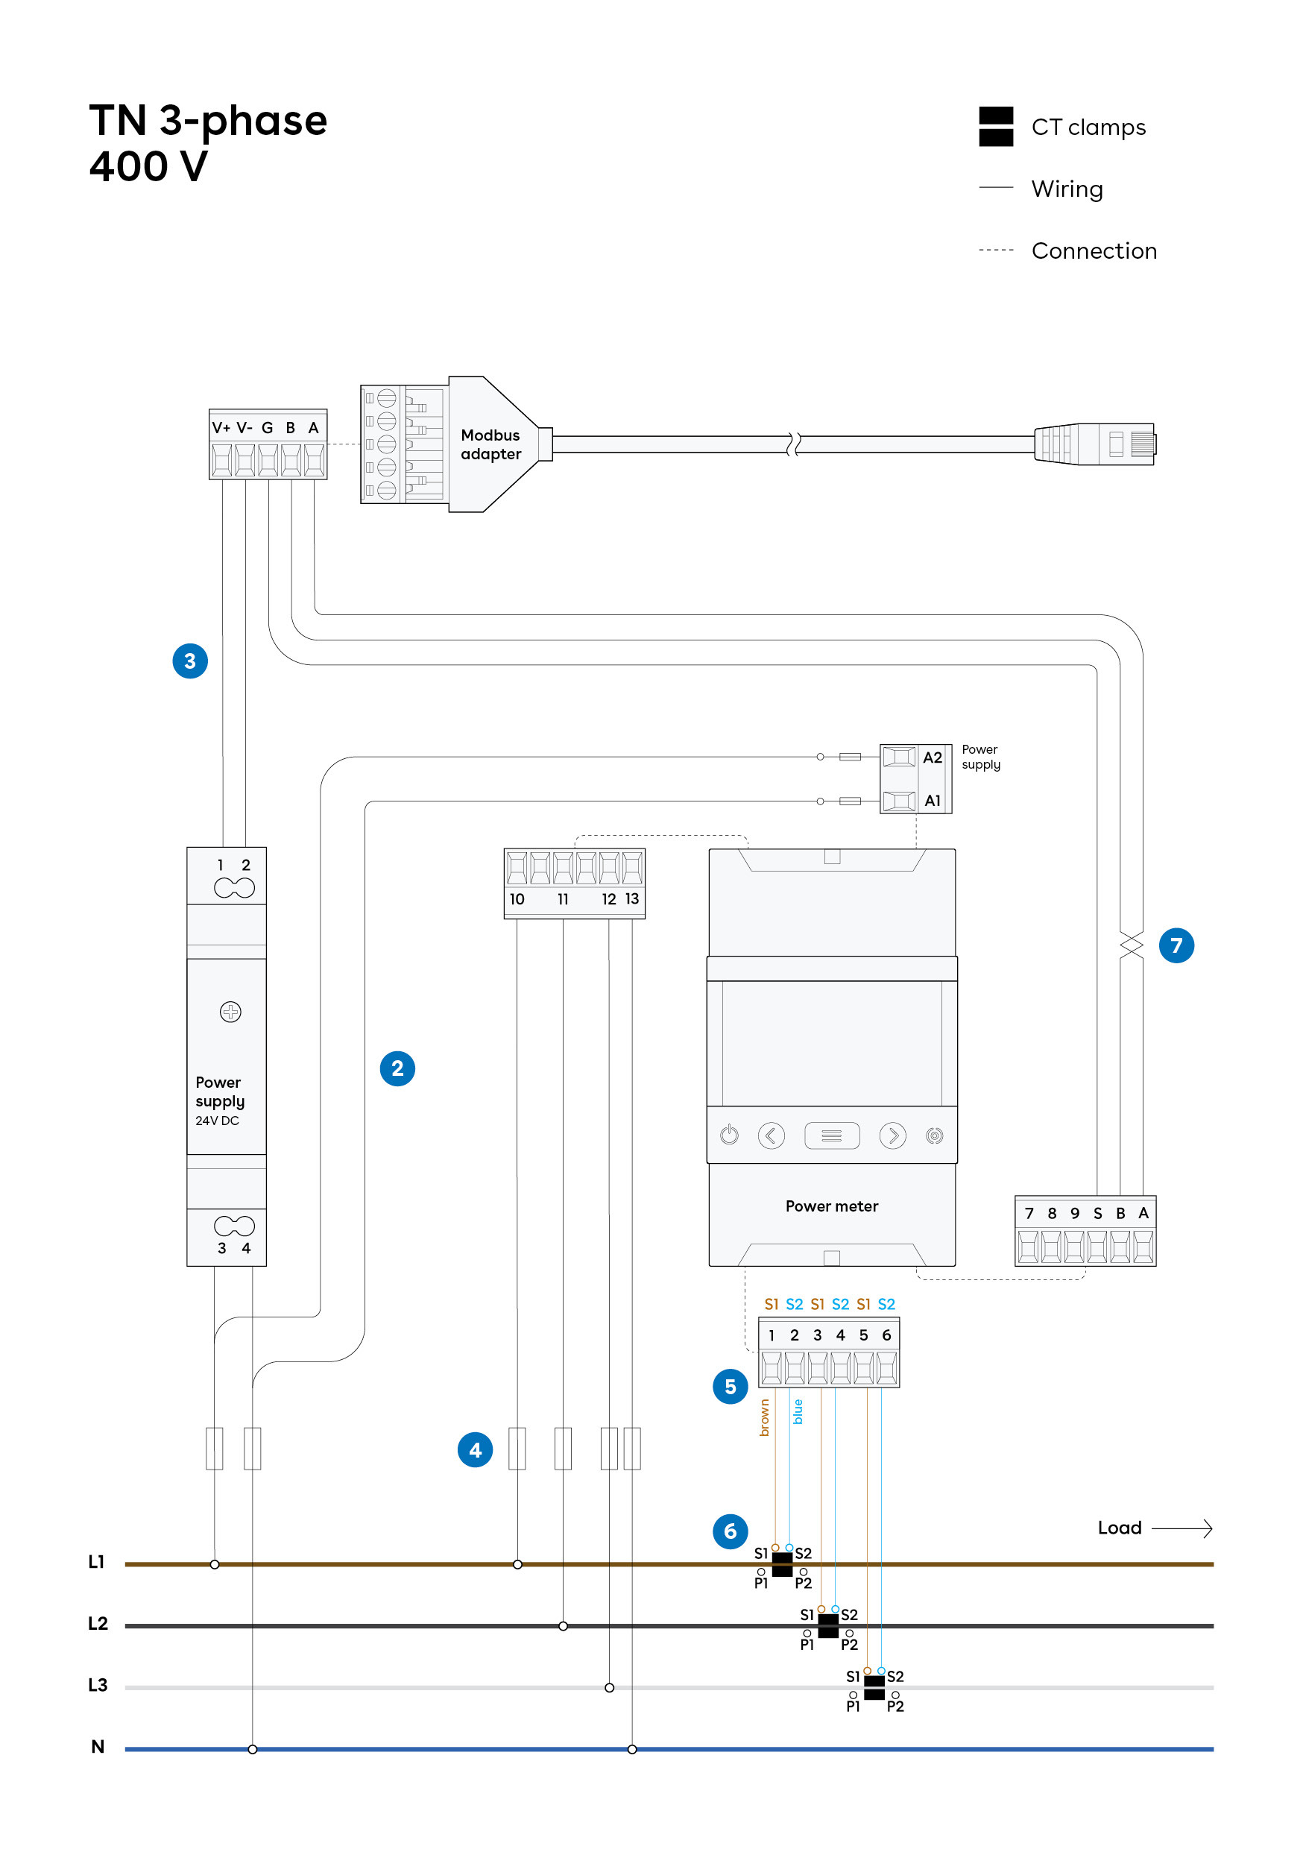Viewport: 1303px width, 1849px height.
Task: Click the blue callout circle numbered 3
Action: pyautogui.click(x=190, y=661)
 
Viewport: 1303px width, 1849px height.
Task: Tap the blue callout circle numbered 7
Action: pyautogui.click(x=1176, y=945)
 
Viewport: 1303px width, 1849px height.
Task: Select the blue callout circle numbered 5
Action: pyautogui.click(x=730, y=1387)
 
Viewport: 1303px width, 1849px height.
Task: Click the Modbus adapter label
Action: pyautogui.click(x=490, y=444)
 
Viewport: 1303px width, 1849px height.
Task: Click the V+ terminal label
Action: pyautogui.click(x=221, y=428)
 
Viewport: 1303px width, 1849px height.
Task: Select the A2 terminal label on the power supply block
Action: pyautogui.click(x=932, y=757)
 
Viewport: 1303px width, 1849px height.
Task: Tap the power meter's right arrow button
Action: pyautogui.click(x=892, y=1135)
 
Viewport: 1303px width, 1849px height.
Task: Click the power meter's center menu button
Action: pyautogui.click(x=832, y=1135)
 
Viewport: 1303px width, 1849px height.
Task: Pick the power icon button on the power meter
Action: pyautogui.click(x=729, y=1135)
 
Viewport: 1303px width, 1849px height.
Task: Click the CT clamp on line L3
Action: pyautogui.click(x=874, y=1687)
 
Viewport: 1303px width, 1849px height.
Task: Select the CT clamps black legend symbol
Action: pyautogui.click(x=995, y=127)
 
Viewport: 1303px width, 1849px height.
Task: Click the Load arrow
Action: pyautogui.click(x=1181, y=1528)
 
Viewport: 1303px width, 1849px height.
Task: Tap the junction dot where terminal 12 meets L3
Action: pyautogui.click(x=609, y=1687)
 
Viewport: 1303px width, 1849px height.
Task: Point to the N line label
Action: pyautogui.click(x=98, y=1747)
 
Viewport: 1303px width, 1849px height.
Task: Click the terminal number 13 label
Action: pyautogui.click(x=632, y=898)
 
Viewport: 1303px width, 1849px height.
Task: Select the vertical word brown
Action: pyautogui.click(x=764, y=1417)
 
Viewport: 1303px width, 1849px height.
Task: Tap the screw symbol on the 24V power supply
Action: pyautogui.click(x=230, y=1012)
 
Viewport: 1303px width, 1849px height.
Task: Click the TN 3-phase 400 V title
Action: pyautogui.click(x=208, y=143)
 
